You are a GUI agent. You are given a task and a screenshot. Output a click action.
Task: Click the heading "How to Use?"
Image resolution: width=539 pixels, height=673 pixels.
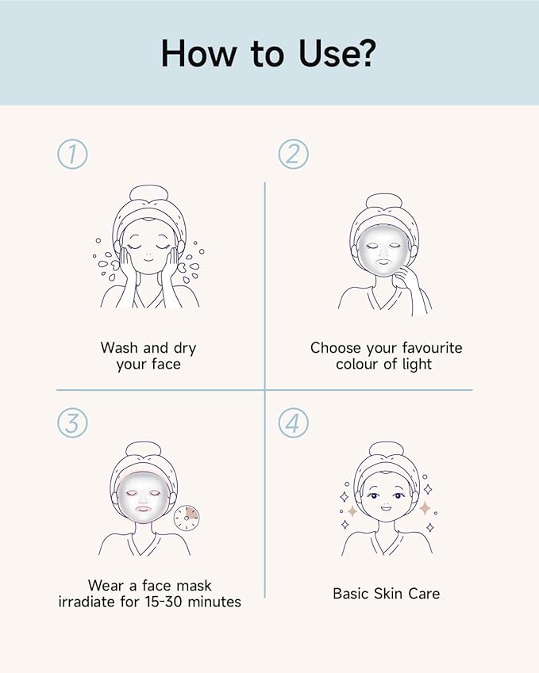coord(269,52)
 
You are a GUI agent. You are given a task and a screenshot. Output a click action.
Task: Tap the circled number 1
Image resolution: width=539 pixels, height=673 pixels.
coord(72,154)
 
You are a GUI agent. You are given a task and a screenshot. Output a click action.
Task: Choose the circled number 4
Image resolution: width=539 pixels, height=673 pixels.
coord(293,423)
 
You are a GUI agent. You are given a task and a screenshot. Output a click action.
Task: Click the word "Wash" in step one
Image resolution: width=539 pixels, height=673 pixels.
coord(118,347)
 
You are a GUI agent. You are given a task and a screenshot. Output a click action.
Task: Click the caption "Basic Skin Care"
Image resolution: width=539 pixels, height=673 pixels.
coord(386,593)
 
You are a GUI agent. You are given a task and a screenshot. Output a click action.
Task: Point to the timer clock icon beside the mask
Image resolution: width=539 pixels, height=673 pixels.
coord(187,519)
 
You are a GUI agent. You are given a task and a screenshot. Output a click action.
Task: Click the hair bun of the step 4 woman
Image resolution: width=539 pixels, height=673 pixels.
coord(387,449)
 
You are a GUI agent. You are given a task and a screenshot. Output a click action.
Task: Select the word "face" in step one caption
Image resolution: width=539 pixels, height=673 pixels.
coord(164,365)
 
